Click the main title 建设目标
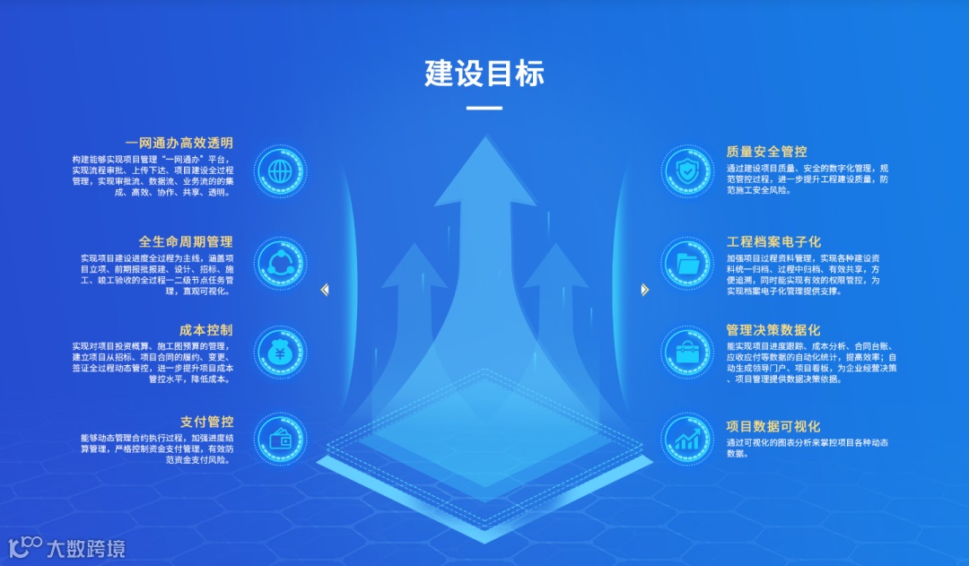point(484,74)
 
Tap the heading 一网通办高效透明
point(179,143)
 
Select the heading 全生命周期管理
point(185,241)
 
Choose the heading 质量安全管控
point(766,152)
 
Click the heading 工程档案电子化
point(773,241)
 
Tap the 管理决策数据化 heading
point(773,330)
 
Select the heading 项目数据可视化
point(773,426)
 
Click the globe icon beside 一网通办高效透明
point(280,170)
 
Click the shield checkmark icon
point(688,170)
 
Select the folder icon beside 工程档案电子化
point(688,263)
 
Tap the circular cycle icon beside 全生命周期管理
point(280,263)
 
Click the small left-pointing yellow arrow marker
point(325,290)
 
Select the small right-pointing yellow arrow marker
point(644,290)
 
